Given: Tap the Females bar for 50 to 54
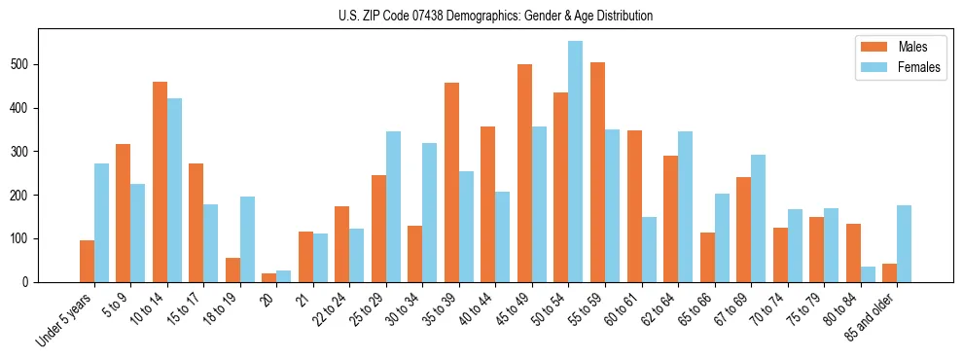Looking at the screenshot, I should coord(575,162).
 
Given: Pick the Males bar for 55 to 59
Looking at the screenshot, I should coord(597,172).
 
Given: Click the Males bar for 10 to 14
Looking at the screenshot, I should coord(160,182).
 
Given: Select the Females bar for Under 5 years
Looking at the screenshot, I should coord(101,223).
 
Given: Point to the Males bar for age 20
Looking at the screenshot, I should coord(269,277).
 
